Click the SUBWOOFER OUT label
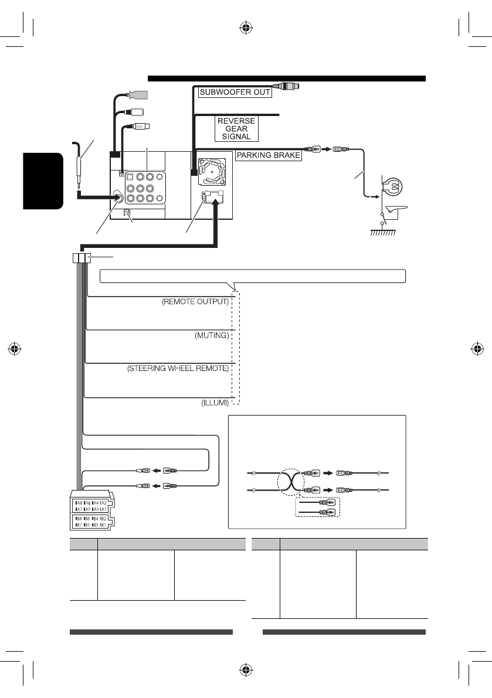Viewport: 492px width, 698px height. point(235,93)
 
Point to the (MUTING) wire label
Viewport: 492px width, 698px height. point(211,336)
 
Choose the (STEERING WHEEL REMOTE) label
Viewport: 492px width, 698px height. point(178,370)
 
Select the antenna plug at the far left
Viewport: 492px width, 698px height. point(78,170)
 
